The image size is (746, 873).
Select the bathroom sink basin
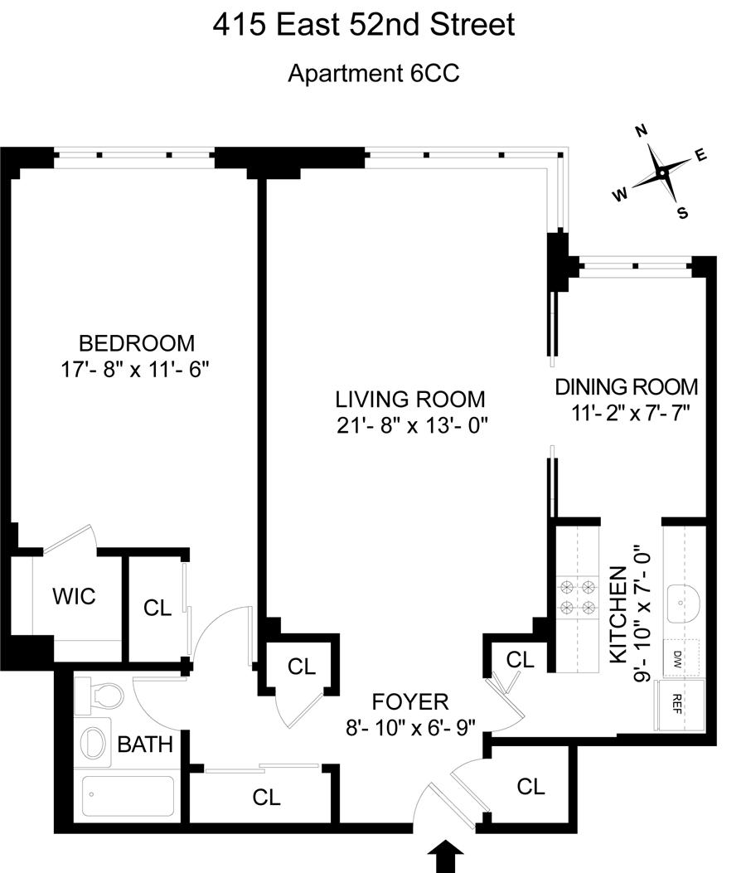97,740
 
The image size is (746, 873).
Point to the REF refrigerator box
678,703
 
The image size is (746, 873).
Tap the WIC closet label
73,595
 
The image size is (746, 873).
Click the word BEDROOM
136,342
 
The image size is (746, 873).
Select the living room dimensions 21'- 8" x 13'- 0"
410,424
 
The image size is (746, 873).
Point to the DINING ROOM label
626,386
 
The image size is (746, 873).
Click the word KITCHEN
617,614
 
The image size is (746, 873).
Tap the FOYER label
411,702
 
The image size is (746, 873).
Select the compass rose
661,172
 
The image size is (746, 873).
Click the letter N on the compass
640,131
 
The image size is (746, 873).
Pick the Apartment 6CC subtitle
373,73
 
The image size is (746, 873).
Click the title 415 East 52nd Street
364,25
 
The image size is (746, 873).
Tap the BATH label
144,744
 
